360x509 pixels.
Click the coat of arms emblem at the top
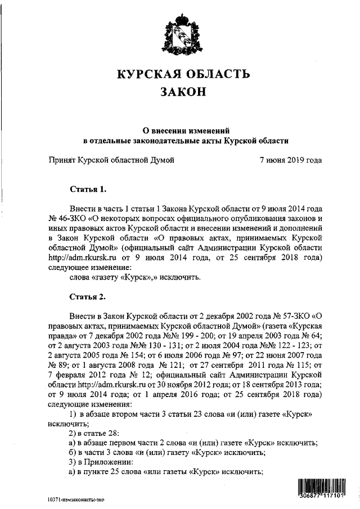point(179,35)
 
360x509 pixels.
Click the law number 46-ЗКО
point(66,217)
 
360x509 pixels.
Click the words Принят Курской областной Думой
point(112,160)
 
